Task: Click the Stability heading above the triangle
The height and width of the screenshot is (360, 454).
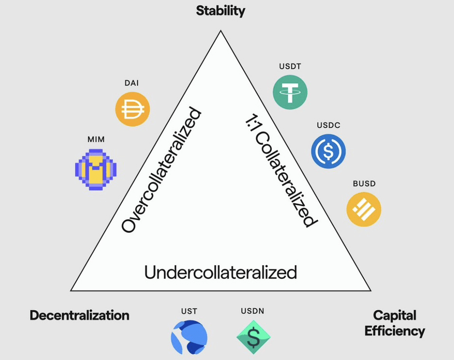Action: pos(221,10)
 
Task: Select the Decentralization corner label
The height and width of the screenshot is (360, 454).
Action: pos(79,315)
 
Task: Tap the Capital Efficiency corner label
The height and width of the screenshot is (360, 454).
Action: pos(394,323)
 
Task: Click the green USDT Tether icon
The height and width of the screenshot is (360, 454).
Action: pos(290,92)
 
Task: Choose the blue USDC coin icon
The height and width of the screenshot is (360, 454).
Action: pos(329,151)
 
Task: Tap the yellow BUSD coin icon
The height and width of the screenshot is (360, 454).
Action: pos(364,209)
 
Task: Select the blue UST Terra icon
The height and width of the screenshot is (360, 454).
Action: pos(189,336)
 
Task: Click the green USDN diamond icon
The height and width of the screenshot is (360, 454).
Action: pos(254,337)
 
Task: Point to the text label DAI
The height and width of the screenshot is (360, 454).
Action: pos(132,83)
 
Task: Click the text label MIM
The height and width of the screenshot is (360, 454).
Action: pos(96,139)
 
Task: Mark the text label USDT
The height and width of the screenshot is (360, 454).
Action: pos(290,67)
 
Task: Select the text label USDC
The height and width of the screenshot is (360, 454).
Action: pos(329,125)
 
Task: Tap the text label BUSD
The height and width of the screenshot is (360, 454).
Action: pos(364,184)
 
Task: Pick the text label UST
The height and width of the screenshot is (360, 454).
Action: pos(189,311)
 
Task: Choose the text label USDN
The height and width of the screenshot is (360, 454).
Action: pos(253,311)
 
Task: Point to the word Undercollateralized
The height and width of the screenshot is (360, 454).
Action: pos(221,272)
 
